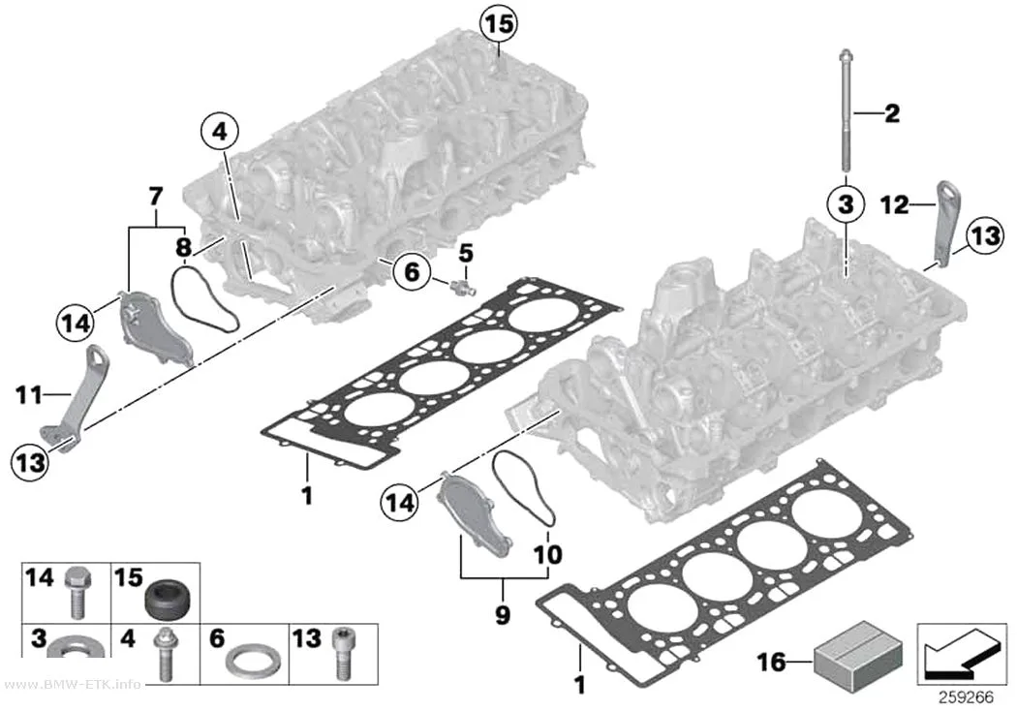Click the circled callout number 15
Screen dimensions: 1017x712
tap(499, 23)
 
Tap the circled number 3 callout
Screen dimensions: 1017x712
tap(846, 203)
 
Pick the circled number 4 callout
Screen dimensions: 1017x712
tap(220, 131)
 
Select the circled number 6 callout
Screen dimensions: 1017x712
tap(412, 271)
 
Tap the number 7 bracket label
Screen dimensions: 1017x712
tap(156, 196)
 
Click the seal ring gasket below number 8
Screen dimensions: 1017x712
tap(202, 298)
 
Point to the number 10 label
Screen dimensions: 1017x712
tap(548, 554)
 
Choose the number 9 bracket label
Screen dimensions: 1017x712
tap(503, 615)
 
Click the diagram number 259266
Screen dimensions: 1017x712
tap(966, 697)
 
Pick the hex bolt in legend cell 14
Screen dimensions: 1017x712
tap(77, 591)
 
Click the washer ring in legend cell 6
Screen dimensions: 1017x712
tap(253, 660)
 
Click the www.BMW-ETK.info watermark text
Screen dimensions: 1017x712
tap(72, 685)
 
